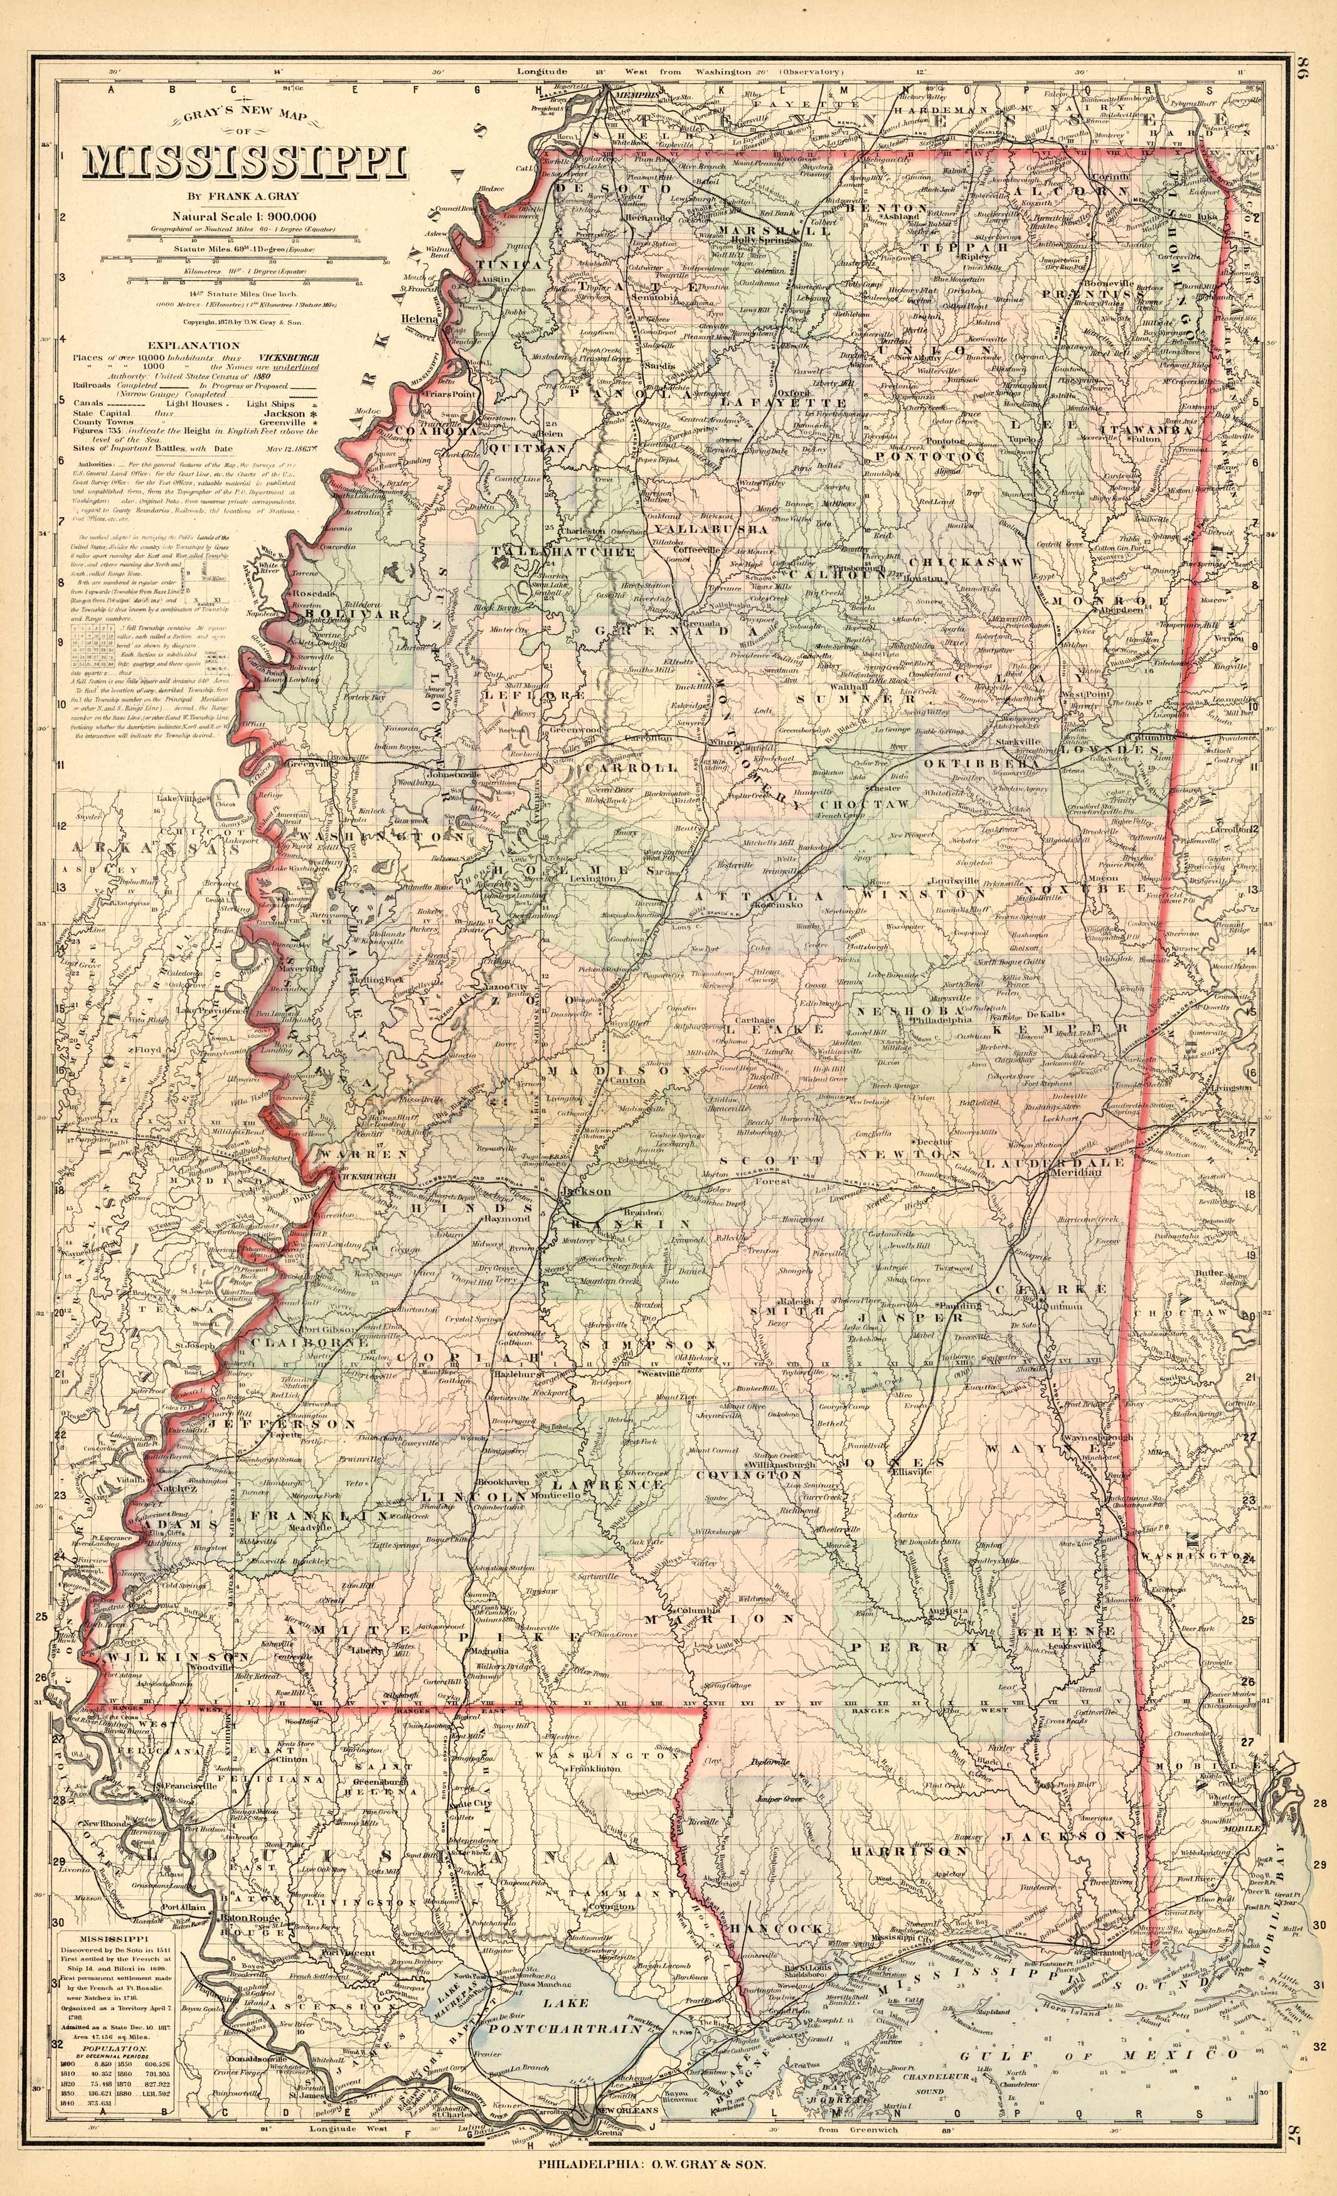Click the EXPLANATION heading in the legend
181,345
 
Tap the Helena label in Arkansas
417,317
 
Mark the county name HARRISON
908,1826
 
